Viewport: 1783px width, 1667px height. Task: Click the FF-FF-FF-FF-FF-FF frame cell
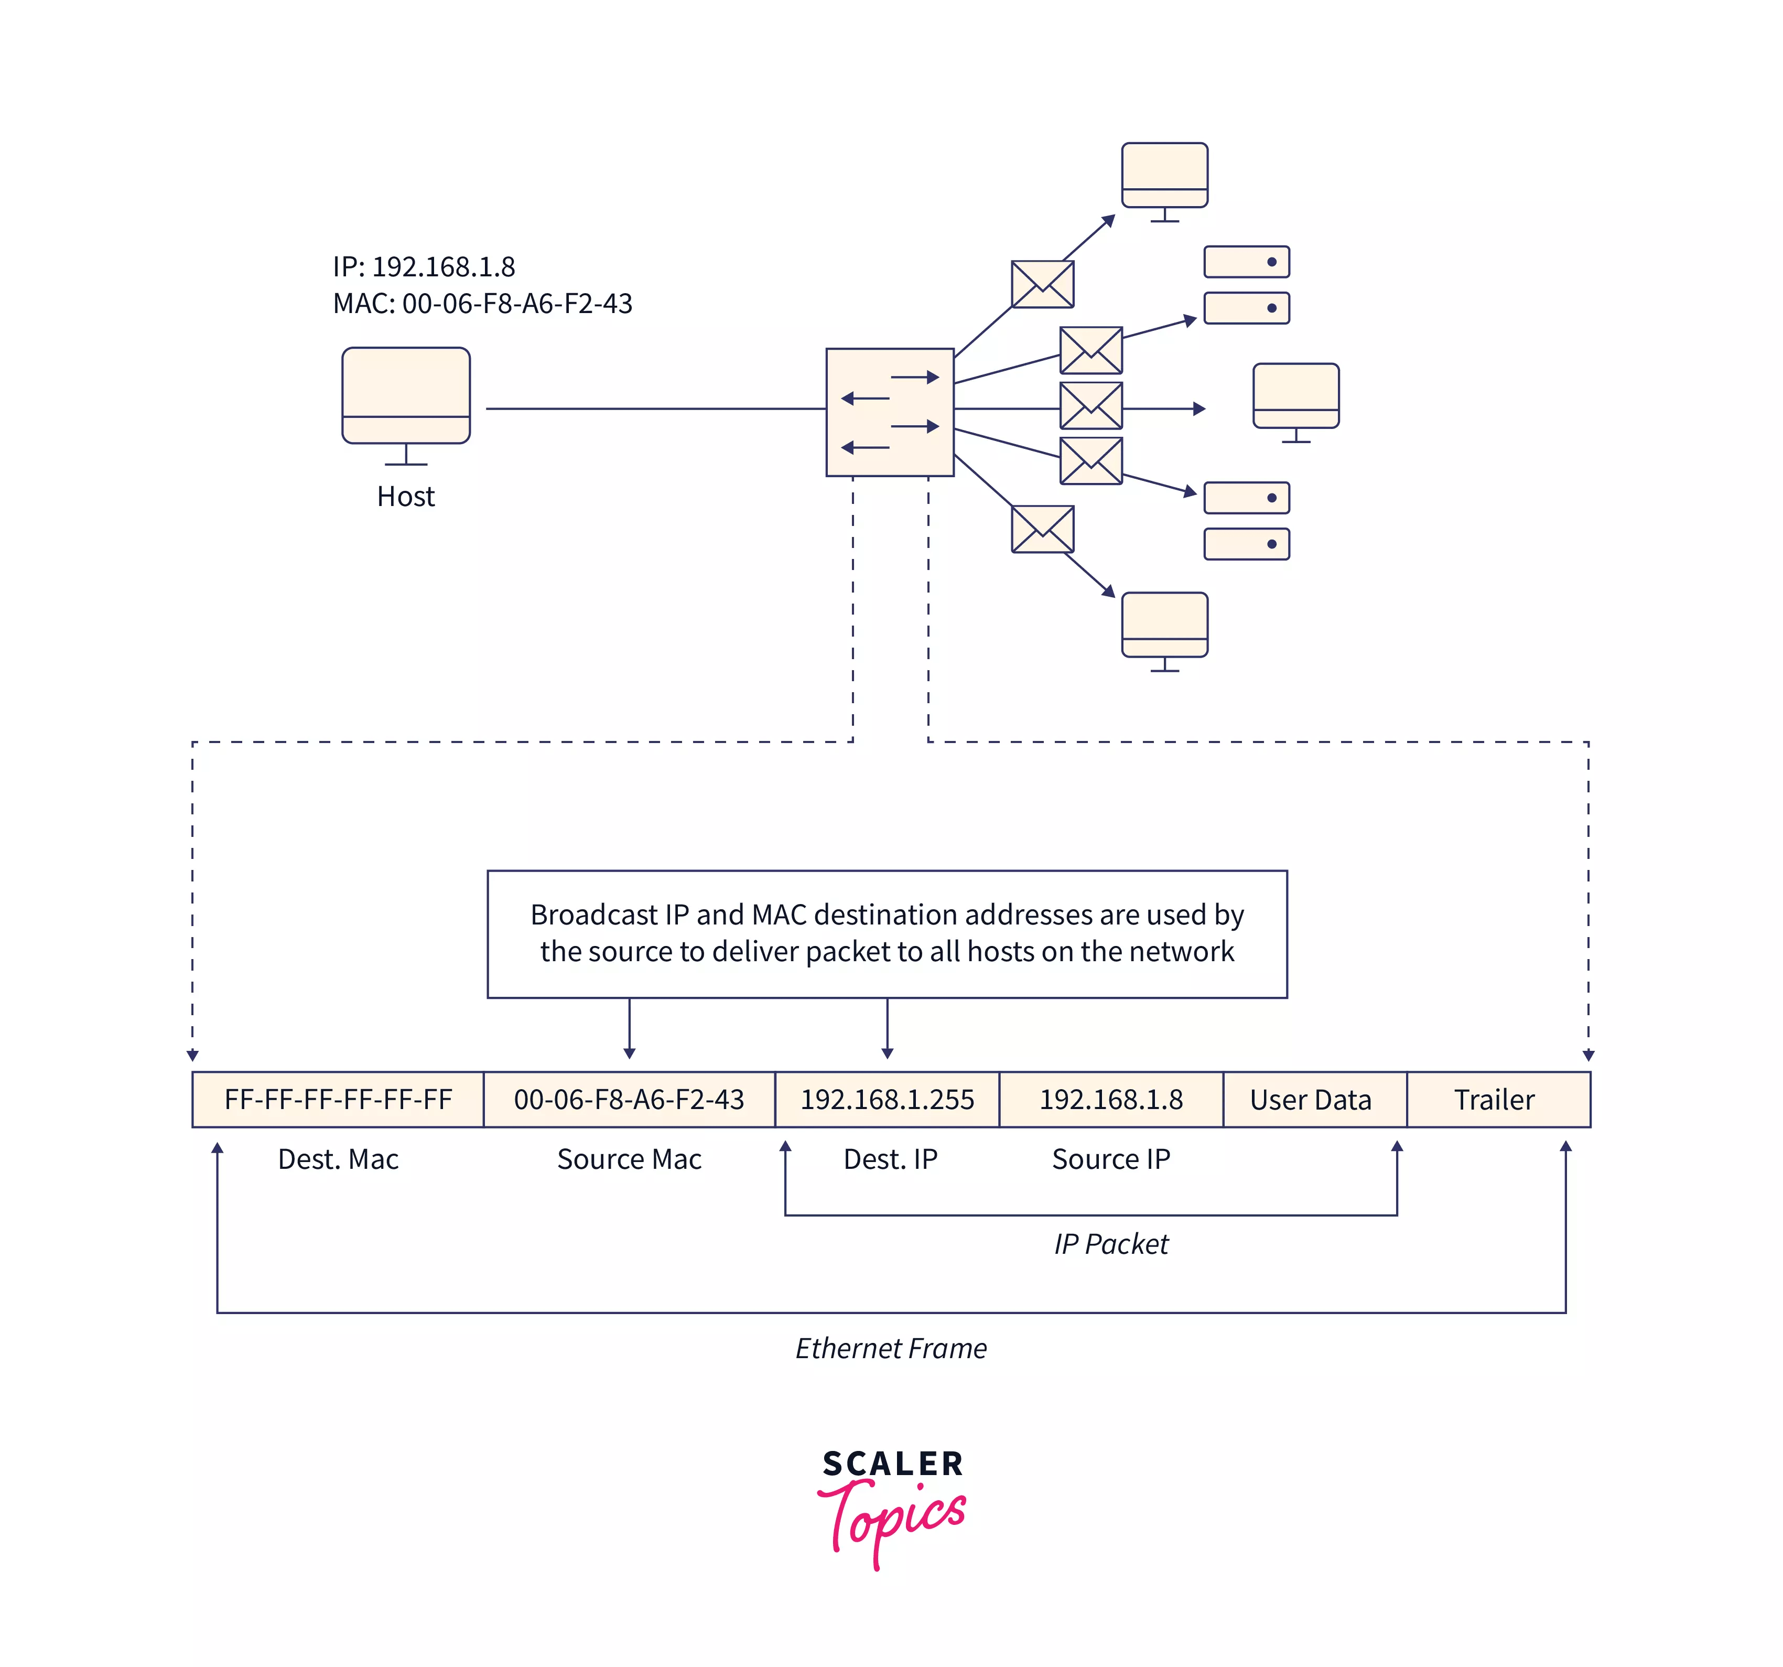[x=338, y=1099]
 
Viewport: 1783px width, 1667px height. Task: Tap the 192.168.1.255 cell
[x=887, y=1099]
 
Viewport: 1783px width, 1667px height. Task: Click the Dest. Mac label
[x=338, y=1159]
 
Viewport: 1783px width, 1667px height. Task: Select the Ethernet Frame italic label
[x=891, y=1349]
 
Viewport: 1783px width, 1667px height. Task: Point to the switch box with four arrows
[x=890, y=412]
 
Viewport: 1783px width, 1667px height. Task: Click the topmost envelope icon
[x=1042, y=284]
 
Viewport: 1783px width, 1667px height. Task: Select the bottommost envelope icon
[x=1042, y=529]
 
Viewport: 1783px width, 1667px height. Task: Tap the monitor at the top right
[x=1164, y=176]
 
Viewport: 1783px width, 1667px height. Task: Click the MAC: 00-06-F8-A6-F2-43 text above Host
[x=482, y=303]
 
